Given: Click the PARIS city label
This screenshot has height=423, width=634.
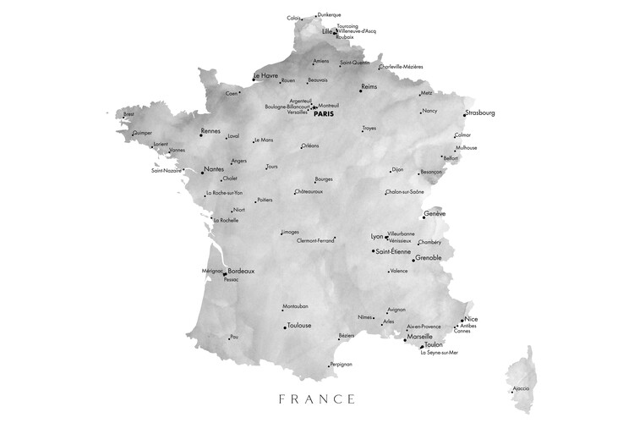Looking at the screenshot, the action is click(x=324, y=114).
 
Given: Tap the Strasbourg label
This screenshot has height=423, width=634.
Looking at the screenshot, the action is click(x=480, y=113).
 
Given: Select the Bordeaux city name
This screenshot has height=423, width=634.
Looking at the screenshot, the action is click(x=241, y=271).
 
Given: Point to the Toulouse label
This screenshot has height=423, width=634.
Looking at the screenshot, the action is click(x=299, y=325).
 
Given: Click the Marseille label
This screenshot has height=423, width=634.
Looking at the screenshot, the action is click(x=420, y=336).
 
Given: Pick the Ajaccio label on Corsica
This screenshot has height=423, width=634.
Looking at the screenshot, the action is click(x=521, y=388).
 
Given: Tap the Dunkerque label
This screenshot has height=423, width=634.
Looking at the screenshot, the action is click(x=329, y=14).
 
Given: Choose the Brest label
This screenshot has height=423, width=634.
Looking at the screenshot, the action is click(x=128, y=113).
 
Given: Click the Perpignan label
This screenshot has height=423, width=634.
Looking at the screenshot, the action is click(x=341, y=364).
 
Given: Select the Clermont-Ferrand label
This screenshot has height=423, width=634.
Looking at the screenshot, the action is click(x=315, y=240).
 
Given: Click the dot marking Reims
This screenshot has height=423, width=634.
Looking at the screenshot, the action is click(x=360, y=90).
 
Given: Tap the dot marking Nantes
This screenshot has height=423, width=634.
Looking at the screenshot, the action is click(x=202, y=172).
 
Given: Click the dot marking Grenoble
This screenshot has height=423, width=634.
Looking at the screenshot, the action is click(x=412, y=261).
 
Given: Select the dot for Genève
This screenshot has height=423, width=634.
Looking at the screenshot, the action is click(x=424, y=217).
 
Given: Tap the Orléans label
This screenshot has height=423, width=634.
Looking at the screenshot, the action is click(x=311, y=146).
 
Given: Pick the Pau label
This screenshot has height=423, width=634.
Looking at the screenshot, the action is click(x=234, y=336).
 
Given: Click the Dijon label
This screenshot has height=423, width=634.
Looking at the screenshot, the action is click(x=399, y=168).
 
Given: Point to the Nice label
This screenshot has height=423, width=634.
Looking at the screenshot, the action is click(x=471, y=319).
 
